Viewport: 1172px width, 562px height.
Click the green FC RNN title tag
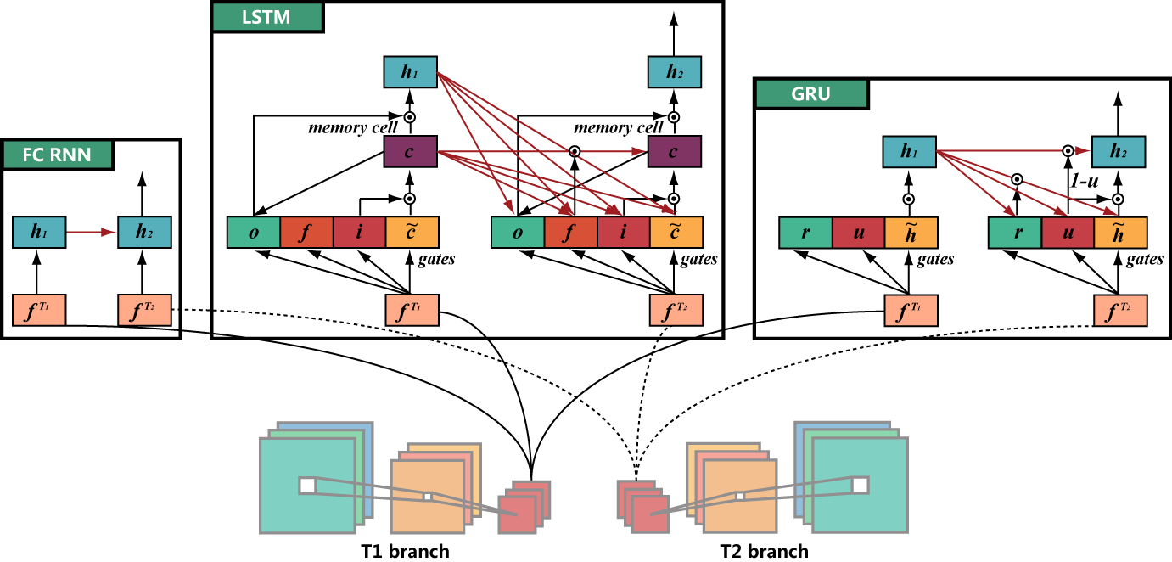[x=59, y=155]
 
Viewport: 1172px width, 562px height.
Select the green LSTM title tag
[x=266, y=18]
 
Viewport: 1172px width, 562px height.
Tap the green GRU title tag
[x=811, y=94]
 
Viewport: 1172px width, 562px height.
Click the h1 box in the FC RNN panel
[x=38, y=231]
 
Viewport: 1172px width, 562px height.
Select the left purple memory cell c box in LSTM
[x=410, y=154]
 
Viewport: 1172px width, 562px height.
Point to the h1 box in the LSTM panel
[x=410, y=73]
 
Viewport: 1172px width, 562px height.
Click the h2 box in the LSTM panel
[x=674, y=73]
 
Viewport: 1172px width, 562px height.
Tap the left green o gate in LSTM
[x=254, y=233]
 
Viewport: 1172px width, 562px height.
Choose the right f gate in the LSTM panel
[x=570, y=233]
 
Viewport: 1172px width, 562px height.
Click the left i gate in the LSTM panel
[x=359, y=233]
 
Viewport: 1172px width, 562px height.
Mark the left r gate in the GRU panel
[x=805, y=233]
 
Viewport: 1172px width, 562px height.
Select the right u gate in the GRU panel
[x=1068, y=233]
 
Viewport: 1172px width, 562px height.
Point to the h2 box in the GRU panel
[x=1119, y=154]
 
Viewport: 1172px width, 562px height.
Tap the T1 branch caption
[x=405, y=552]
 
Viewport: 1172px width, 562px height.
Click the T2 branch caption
[x=764, y=552]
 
